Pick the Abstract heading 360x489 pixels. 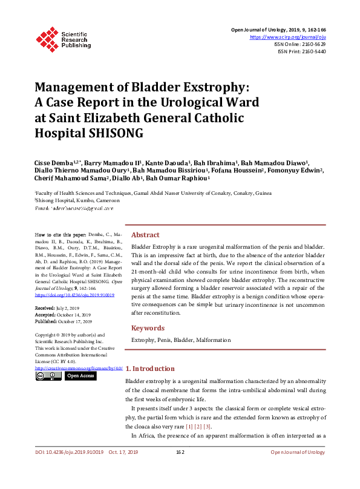point(145,235)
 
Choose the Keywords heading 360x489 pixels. point(148,328)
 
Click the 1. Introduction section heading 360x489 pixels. point(150,369)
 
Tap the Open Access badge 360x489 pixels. point(80,376)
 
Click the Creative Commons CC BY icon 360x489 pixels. point(48,376)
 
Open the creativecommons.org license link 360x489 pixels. point(79,368)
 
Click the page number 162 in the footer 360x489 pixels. point(180,469)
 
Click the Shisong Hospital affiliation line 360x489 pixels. point(77,200)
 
